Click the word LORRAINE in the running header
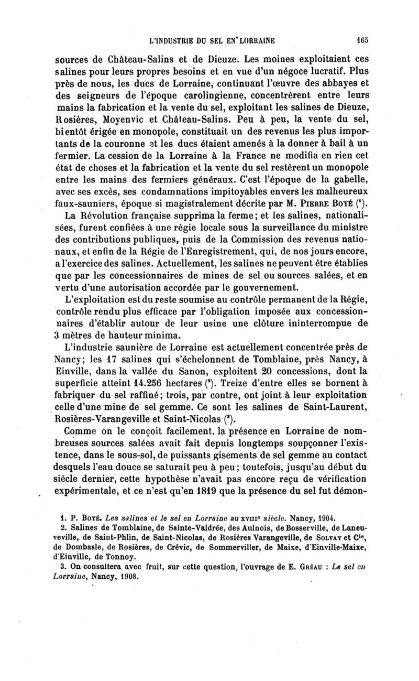250,39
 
